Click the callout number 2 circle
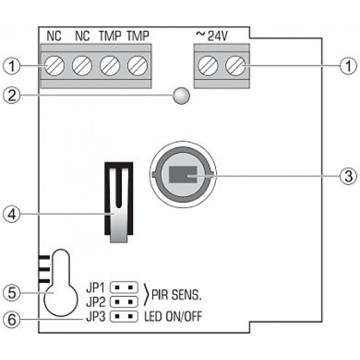point(12,96)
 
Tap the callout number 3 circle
point(348,176)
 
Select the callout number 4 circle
point(12,214)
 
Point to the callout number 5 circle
point(12,293)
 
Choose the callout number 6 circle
point(12,320)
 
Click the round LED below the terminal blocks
point(181,96)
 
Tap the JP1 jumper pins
point(124,287)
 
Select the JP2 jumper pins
point(124,302)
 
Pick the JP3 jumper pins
point(124,317)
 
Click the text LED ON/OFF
point(173,317)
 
